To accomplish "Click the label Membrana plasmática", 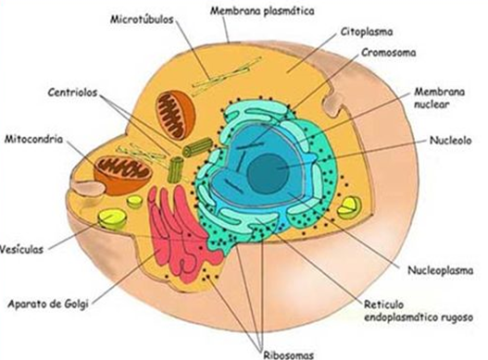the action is click(x=262, y=11).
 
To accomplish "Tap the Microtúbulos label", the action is click(x=142, y=19).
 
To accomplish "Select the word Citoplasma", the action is click(x=367, y=31).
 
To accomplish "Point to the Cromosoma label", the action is click(x=388, y=52).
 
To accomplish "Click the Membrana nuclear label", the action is click(x=439, y=98).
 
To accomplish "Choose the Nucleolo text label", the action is click(x=450, y=141).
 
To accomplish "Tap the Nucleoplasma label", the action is click(x=441, y=270).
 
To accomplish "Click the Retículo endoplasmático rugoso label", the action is click(x=419, y=311).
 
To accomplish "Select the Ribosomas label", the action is click(x=289, y=354).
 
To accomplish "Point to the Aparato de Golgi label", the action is click(x=48, y=304).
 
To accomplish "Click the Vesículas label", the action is click(x=21, y=249).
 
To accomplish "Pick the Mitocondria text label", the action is click(x=33, y=139).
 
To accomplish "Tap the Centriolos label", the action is click(x=72, y=93).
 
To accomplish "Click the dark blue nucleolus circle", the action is click(x=268, y=173).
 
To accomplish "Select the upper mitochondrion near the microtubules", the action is click(x=175, y=115).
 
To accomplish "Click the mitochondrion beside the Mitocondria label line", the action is click(x=123, y=175).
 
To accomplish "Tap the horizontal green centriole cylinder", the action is click(x=197, y=147).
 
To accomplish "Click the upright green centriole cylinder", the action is click(x=176, y=170).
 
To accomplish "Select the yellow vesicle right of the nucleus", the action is click(x=349, y=207).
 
